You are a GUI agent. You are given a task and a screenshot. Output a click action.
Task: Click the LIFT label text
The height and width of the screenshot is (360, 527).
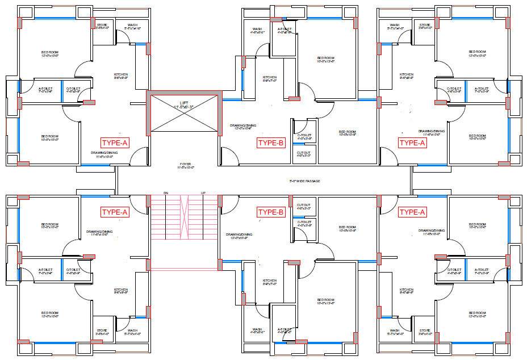(x=183, y=103)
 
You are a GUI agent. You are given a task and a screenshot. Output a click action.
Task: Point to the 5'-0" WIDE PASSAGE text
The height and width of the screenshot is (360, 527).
(x=304, y=181)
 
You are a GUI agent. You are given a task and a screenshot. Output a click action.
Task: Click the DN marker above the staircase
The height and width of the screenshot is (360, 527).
(x=166, y=193)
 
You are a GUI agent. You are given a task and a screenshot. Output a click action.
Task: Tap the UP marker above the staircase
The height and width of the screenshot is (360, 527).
(x=203, y=193)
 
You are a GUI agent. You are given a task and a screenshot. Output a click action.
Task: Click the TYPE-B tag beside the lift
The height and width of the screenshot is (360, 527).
(x=270, y=143)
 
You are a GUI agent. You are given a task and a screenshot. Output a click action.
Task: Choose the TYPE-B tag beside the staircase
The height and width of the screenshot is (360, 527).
(x=270, y=212)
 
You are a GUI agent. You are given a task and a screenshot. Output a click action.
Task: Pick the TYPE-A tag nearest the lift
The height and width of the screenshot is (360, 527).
(x=115, y=143)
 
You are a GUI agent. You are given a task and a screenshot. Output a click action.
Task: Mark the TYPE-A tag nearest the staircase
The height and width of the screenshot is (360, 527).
(x=115, y=212)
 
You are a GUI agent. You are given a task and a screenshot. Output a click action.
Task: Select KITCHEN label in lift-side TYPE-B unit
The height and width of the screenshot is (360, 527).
(x=270, y=77)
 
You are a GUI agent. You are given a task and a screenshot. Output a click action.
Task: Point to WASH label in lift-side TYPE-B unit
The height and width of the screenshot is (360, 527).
(x=257, y=29)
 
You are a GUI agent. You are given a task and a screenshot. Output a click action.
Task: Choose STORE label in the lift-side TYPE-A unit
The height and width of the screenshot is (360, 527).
(x=102, y=25)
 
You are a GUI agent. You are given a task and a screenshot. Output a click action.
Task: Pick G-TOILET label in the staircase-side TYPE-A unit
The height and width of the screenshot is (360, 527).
(x=72, y=270)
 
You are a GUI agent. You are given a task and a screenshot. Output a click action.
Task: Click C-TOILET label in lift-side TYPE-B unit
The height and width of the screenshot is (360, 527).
(x=304, y=135)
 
